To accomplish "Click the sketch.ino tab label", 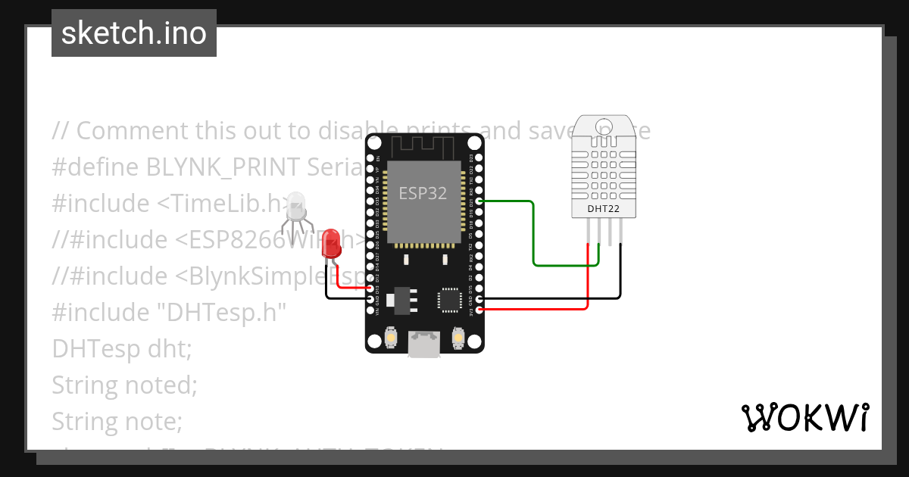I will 134,34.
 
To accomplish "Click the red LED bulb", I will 331,244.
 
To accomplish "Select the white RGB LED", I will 296,205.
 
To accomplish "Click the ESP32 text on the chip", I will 423,193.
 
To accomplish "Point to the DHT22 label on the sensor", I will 603,208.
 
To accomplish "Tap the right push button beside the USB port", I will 458,336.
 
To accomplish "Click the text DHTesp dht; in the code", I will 122,349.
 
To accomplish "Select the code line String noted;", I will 124,385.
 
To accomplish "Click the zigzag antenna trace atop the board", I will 424,145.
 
